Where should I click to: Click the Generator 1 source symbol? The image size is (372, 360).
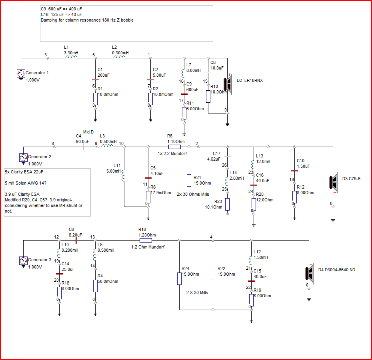[x=21, y=74]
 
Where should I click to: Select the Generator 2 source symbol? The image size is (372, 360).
[x=23, y=157]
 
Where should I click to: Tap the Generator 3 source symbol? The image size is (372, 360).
[x=23, y=261]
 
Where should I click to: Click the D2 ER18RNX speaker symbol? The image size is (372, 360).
[x=228, y=84]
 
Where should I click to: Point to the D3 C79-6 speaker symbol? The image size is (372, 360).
[x=333, y=183]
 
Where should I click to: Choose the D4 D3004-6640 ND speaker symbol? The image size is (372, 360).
[x=309, y=273]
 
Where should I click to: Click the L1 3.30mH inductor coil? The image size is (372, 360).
[x=71, y=57]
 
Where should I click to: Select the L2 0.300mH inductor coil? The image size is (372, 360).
[x=119, y=57]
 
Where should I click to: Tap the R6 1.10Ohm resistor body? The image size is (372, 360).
[x=174, y=147]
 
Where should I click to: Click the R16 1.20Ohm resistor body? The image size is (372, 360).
[x=146, y=240]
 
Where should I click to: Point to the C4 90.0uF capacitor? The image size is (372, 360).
[x=83, y=147]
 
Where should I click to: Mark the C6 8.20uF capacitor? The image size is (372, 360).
[x=76, y=240]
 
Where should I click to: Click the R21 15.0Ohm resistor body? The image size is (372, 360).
[x=189, y=180]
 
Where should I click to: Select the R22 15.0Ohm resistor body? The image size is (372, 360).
[x=213, y=274]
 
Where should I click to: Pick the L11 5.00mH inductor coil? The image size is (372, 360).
[x=123, y=176]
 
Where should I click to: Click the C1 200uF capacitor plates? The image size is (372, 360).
[x=95, y=80]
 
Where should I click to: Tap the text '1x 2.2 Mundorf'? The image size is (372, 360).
[x=172, y=153]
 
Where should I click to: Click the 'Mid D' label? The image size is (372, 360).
[x=88, y=132]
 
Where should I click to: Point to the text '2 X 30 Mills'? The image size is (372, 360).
[x=197, y=293]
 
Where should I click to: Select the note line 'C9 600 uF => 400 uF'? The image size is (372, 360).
[x=61, y=9]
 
